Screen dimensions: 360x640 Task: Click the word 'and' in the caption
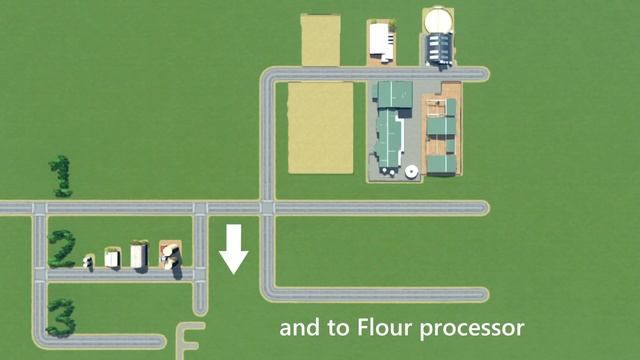point(297,327)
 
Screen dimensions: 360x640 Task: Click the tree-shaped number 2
point(62,248)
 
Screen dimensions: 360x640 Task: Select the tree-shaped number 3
point(60,318)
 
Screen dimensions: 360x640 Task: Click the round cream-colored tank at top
point(438,20)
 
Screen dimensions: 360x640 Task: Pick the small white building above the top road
point(380,40)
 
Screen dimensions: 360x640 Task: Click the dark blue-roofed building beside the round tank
point(439,47)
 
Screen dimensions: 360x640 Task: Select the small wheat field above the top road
point(320,40)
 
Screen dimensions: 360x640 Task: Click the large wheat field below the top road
point(320,127)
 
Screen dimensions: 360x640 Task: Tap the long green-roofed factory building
point(390,130)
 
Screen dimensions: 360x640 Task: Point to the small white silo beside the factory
point(411,172)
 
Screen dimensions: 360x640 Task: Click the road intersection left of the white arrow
point(200,208)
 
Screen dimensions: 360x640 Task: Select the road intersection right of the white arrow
point(267,208)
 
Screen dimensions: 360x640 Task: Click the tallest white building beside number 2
point(138,255)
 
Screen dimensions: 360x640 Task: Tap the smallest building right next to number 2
point(89,262)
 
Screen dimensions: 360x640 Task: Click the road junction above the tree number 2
point(39,208)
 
